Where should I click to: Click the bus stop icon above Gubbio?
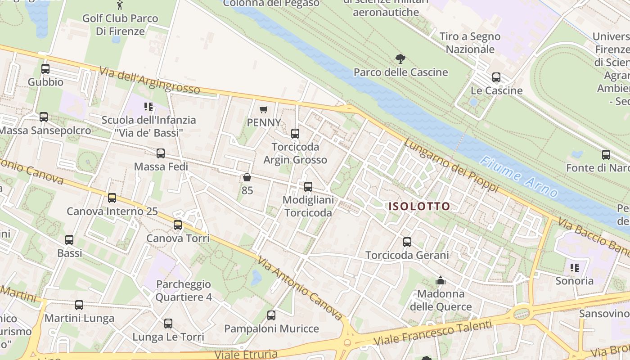point(45,69)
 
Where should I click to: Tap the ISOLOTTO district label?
point(419,207)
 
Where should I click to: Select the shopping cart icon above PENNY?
point(264,109)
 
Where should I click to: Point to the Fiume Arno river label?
point(518,177)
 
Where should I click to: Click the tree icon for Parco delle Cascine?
point(400,58)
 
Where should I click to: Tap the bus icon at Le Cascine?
point(496,77)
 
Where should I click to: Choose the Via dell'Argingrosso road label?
point(149,80)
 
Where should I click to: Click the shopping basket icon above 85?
point(247,178)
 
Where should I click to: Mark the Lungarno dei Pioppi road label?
point(451,165)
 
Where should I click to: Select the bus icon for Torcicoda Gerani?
point(407,242)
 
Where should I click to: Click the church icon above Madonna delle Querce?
point(441,281)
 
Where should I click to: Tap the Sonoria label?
point(574,281)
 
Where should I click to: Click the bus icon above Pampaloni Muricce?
point(271,315)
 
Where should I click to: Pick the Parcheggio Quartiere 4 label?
point(184,291)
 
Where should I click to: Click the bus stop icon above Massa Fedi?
point(161,153)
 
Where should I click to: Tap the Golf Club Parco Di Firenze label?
point(120,25)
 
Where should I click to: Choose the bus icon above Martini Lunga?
point(79,305)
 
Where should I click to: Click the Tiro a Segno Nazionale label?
point(470,43)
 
